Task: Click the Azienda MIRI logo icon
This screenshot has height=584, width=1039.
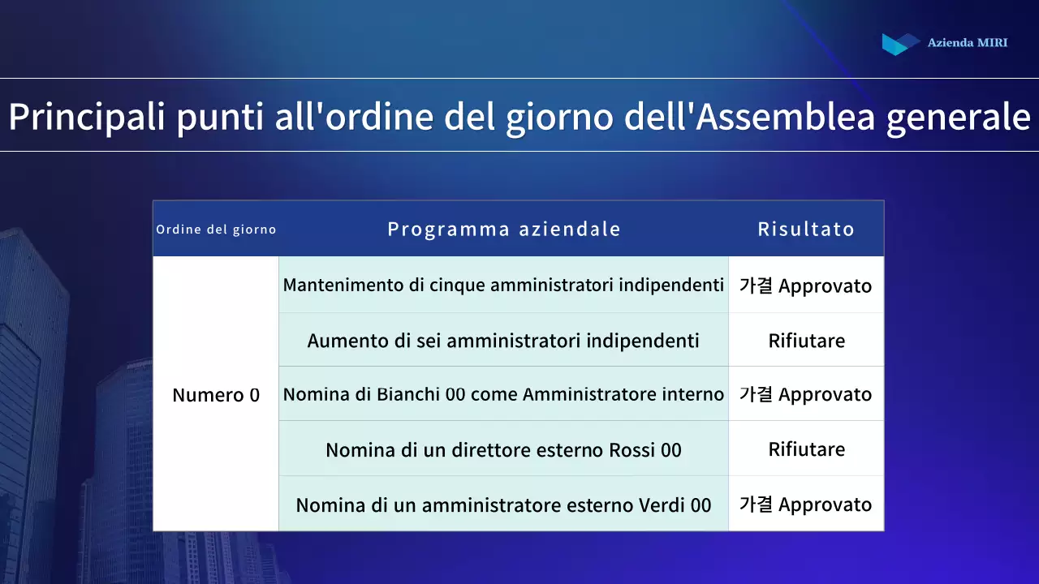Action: [x=900, y=43]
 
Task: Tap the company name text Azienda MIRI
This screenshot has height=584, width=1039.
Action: [x=967, y=43]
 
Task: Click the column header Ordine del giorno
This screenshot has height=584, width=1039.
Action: [x=216, y=230]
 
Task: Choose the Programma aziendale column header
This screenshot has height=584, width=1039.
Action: [x=503, y=230]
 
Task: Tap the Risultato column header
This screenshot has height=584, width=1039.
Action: [x=806, y=230]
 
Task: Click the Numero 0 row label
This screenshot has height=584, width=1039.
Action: [x=216, y=395]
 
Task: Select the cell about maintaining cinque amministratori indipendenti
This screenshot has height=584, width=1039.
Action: [x=503, y=286]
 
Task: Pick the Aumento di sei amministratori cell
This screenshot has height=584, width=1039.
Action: [x=503, y=341]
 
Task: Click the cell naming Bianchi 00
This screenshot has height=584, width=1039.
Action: [x=503, y=395]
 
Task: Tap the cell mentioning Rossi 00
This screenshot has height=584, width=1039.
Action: [x=503, y=449]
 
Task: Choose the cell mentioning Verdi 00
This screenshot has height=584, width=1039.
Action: [x=503, y=505]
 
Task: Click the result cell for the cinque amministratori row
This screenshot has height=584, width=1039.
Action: [x=805, y=286]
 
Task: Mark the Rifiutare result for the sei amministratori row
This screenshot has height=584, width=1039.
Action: [x=806, y=341]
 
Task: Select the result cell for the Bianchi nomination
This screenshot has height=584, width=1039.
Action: [x=805, y=395]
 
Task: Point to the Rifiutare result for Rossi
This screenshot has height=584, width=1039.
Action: [x=806, y=449]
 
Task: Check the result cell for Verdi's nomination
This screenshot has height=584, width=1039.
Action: [x=805, y=505]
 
